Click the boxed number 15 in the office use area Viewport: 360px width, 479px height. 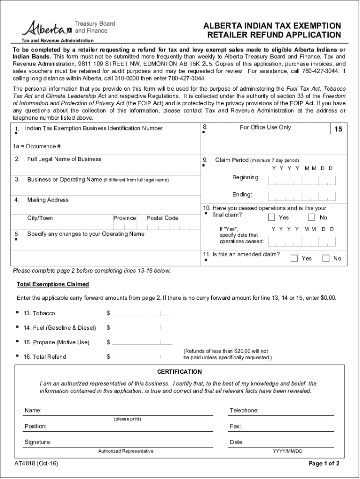click(338, 129)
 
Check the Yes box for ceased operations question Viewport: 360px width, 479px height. click(272, 218)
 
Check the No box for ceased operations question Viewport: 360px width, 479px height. click(311, 218)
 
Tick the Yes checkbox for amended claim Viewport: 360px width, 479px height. click(295, 258)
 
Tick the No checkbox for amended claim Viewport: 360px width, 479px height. click(326, 258)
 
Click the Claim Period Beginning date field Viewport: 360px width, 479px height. click(302, 181)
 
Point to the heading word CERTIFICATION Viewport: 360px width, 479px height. click(180, 372)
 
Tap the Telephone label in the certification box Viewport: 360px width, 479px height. click(244, 410)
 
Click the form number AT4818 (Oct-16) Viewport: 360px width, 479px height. click(36, 464)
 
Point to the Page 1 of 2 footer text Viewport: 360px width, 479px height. click(324, 464)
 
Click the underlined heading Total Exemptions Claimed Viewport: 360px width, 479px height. click(53, 284)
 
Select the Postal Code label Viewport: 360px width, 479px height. click(162, 218)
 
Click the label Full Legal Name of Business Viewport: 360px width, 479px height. click(64, 159)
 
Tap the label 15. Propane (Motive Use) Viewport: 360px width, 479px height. click(56, 342)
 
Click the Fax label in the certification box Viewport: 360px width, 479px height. click(235, 426)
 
